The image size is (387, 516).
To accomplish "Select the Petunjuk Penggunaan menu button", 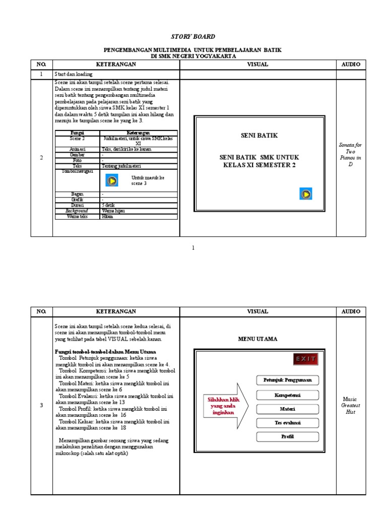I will pos(287,380).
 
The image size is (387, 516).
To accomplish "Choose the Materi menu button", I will pos(287,409).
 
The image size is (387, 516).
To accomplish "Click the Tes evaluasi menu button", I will pos(287,423).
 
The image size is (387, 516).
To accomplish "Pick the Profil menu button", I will pos(287,436).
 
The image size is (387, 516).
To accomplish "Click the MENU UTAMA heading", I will pos(257,339).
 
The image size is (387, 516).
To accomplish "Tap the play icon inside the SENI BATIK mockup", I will pos(305,194).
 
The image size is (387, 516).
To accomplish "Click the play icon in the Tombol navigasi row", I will pos(112,180).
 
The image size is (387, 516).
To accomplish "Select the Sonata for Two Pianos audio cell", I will pos(351,154).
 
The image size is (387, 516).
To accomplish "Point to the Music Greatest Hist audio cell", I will pos(351,405).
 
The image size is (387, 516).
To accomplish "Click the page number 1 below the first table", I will pos(193,247).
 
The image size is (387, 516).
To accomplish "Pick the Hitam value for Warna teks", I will pos(107,217).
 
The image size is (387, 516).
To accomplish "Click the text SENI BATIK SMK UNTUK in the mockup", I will pos(259,158).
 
